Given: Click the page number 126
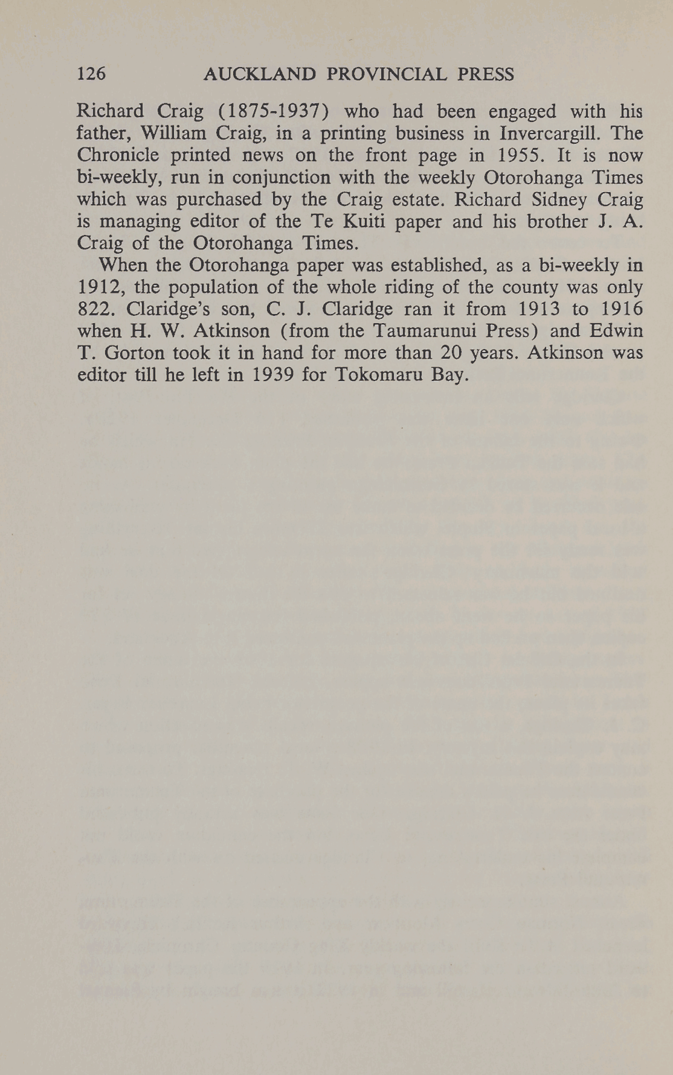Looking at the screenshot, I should tap(92, 74).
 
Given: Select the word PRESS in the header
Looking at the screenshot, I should tap(486, 74).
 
